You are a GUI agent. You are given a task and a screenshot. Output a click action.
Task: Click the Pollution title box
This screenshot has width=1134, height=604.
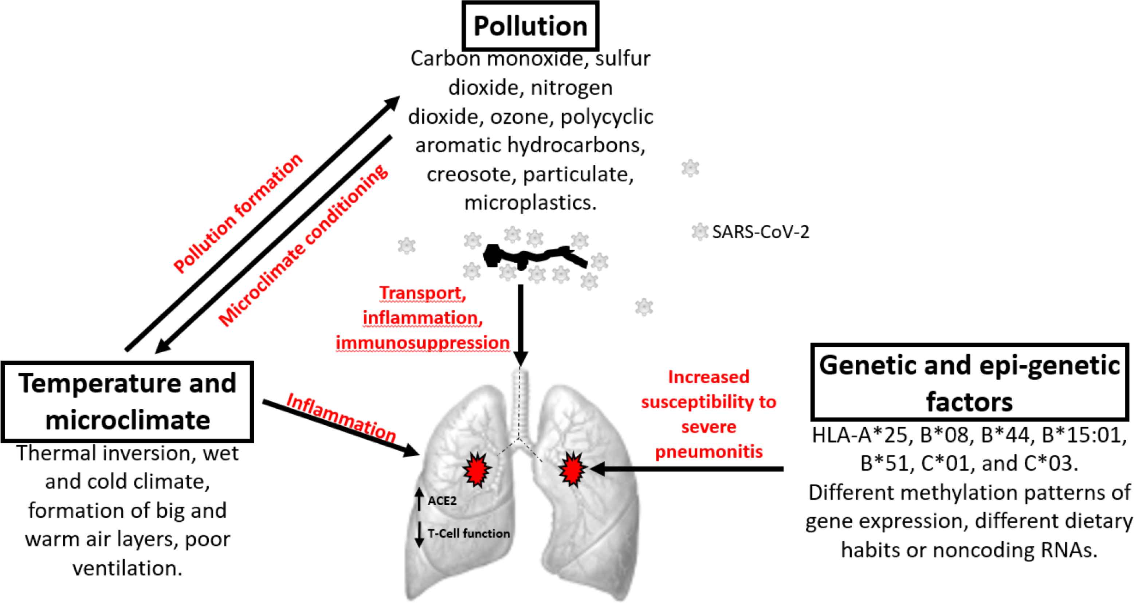coord(530,26)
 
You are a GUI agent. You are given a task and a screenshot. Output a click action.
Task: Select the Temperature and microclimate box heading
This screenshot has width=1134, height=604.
coord(127,401)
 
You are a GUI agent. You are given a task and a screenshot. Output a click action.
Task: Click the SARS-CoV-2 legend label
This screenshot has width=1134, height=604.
coord(760,232)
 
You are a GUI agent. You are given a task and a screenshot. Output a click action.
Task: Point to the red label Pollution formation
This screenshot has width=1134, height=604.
coord(238,213)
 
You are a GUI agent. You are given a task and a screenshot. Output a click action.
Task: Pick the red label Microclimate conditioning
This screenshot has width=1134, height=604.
coord(303,247)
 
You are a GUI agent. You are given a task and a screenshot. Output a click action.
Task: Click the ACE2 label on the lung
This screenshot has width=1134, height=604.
coord(442,501)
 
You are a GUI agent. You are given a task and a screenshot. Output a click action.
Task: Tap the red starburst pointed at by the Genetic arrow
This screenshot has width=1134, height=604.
coord(572,469)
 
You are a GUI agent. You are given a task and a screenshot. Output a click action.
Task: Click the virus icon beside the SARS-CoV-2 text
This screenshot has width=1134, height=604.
coord(699,232)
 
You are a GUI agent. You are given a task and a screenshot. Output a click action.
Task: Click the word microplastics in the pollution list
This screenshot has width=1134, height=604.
coord(530,203)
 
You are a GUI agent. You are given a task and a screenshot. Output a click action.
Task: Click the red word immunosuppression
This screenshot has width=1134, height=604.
coord(423,342)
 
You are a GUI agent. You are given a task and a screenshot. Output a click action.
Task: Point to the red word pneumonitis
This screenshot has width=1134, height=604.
coord(709,452)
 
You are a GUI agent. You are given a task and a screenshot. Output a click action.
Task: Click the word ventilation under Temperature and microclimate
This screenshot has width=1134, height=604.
coord(127,568)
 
